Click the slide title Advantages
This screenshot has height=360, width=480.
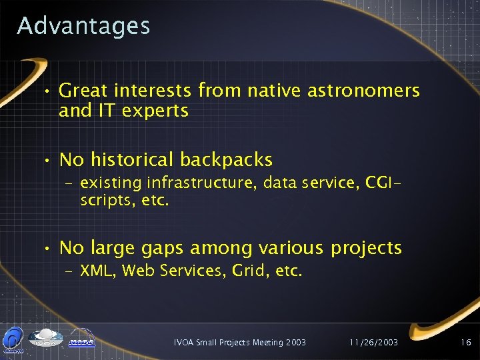pyautogui.click(x=84, y=26)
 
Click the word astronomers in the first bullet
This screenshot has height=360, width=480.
pyautogui.click(x=363, y=90)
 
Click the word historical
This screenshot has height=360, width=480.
pyautogui.click(x=132, y=160)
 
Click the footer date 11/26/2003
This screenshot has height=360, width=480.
pyautogui.click(x=373, y=342)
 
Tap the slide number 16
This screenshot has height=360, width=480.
pyautogui.click(x=465, y=342)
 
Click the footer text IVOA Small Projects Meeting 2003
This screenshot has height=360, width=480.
pyautogui.click(x=239, y=342)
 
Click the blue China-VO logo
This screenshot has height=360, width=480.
pyautogui.click(x=13, y=339)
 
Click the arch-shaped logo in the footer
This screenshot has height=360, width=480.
pyautogui.click(x=82, y=339)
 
